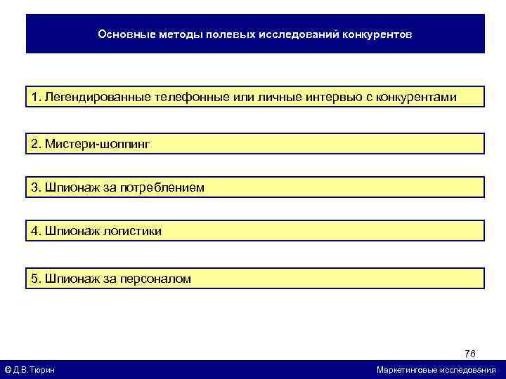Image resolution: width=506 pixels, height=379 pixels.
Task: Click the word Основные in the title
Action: click(121, 34)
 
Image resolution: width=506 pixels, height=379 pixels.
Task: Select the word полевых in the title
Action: click(226, 34)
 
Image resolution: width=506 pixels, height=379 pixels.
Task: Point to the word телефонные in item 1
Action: click(187, 97)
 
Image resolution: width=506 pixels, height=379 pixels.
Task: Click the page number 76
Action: click(470, 353)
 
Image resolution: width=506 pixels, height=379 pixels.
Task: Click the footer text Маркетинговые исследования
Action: click(436, 370)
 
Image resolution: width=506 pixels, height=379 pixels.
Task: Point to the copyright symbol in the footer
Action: click(8, 370)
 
